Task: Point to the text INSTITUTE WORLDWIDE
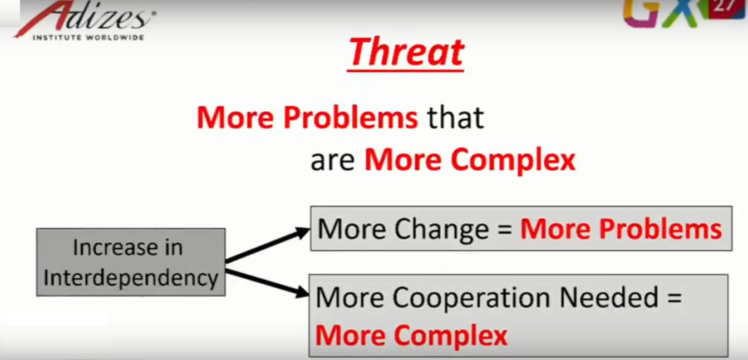point(88,37)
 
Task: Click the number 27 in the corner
point(724,6)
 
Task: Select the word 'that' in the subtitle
point(455,117)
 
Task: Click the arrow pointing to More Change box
point(268,245)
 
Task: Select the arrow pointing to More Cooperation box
point(267,283)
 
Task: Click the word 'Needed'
point(609,297)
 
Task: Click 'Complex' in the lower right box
point(450,336)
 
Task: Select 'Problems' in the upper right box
point(661,229)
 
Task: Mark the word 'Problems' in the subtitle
point(351,117)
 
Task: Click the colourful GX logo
point(665,13)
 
